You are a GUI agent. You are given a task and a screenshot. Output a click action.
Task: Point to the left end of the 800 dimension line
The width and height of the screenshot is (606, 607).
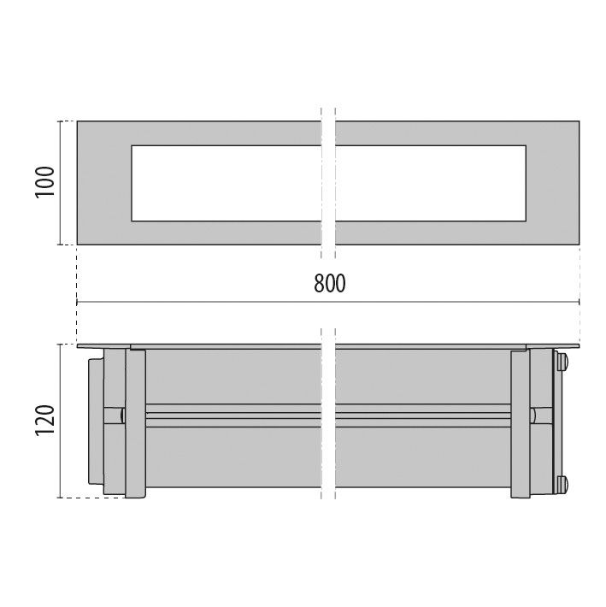tap(78, 302)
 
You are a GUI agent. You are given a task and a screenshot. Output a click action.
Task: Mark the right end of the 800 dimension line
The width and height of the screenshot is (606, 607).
tap(580, 302)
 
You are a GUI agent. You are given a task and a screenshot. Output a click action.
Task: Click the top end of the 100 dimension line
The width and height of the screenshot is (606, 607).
tap(61, 121)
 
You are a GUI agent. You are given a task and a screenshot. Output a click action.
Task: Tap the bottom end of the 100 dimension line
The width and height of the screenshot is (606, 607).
tap(61, 245)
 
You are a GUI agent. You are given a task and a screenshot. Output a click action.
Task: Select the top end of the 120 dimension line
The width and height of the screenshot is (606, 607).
tap(61, 345)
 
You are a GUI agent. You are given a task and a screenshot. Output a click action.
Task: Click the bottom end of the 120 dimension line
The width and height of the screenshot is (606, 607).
tap(61, 498)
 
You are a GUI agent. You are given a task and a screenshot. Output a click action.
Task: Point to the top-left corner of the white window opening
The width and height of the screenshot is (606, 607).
tap(131, 146)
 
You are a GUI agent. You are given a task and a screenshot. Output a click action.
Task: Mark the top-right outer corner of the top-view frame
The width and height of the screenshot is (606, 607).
tap(580, 121)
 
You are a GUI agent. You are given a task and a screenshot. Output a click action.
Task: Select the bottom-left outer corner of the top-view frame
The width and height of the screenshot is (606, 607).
tap(78, 245)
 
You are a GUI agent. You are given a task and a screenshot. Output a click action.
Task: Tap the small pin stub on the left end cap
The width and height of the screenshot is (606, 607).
tap(123, 415)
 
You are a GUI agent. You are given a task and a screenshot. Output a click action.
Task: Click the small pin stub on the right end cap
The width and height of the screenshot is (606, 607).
tap(533, 415)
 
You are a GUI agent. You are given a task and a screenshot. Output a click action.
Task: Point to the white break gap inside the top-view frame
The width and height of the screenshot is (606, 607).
tap(329, 184)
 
